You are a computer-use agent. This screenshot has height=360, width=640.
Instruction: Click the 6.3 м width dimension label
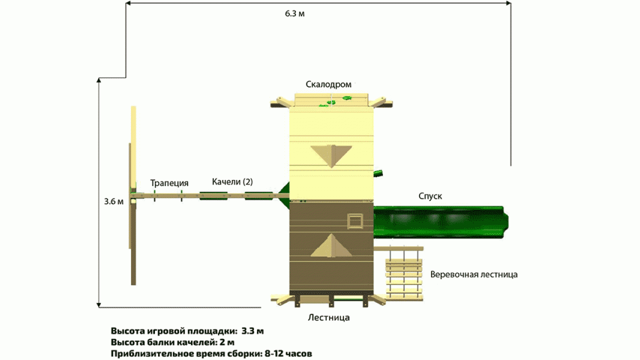tap(294, 13)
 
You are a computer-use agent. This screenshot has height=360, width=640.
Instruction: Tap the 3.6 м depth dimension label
tap(113, 201)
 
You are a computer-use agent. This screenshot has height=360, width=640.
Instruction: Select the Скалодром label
tap(328, 84)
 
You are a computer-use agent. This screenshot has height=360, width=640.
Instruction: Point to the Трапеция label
tap(169, 183)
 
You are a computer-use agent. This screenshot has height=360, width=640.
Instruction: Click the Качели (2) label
tap(232, 182)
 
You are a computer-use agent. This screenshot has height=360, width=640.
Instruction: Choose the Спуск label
tap(430, 196)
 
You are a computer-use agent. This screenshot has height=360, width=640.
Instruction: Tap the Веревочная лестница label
tap(474, 274)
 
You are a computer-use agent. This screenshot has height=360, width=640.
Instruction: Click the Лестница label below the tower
tap(328, 317)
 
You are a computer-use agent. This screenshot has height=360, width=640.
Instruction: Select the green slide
tap(441, 222)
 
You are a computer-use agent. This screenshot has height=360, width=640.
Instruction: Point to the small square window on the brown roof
tap(355, 221)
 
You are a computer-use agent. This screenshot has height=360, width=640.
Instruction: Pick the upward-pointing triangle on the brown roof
tap(331, 245)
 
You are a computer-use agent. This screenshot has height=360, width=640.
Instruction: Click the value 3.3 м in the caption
tap(252, 331)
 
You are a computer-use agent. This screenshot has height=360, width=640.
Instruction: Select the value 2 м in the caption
tap(227, 342)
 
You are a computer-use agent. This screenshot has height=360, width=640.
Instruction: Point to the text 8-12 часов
tap(288, 353)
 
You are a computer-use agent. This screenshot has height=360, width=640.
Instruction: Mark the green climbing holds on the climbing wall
tap(335, 101)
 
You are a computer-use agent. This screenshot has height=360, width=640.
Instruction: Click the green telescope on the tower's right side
tap(378, 173)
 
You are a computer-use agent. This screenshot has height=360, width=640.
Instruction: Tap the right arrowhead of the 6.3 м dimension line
tap(508, 3)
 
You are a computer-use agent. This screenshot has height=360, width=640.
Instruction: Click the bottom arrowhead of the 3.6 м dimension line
tap(99, 305)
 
